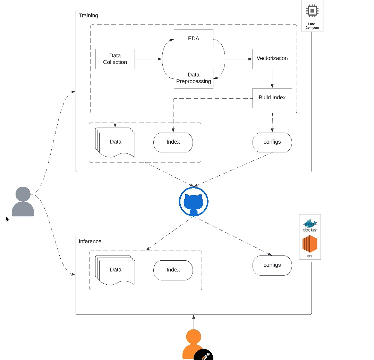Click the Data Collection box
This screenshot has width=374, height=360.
pyautogui.click(x=115, y=59)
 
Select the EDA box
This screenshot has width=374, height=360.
pyautogui.click(x=193, y=39)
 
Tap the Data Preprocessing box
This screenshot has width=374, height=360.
pyautogui.click(x=193, y=78)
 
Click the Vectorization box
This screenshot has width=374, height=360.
pyautogui.click(x=272, y=59)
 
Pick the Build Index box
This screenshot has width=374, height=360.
pyautogui.click(x=272, y=98)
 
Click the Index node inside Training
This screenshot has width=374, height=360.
pyautogui.click(x=173, y=142)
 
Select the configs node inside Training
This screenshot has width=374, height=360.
pyautogui.click(x=272, y=142)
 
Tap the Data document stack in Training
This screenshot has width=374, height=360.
pyautogui.click(x=116, y=142)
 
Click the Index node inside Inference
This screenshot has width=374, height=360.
pyautogui.click(x=173, y=270)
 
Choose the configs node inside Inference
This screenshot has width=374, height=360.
pyautogui.click(x=272, y=265)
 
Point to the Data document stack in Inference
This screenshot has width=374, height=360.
pyautogui.click(x=116, y=270)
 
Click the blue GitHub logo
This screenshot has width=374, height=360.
pyautogui.click(x=194, y=201)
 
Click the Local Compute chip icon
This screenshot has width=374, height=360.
pyautogui.click(x=312, y=11)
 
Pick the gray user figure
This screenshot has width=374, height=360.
pyautogui.click(x=23, y=202)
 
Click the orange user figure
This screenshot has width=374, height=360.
pyautogui.click(x=193, y=343)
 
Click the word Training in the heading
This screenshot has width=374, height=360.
pyautogui.click(x=88, y=16)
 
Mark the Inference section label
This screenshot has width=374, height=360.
pyautogui.click(x=90, y=241)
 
